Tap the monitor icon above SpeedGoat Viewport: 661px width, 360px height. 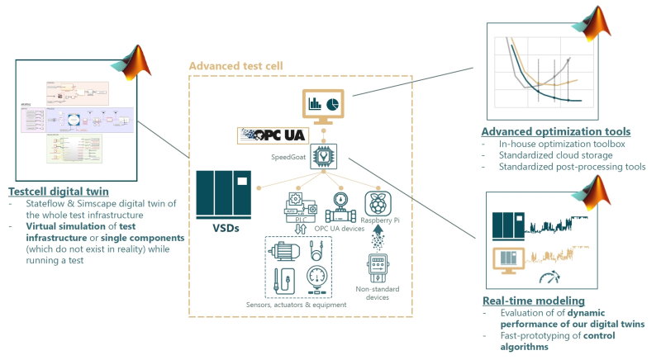pyautogui.click(x=323, y=107)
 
